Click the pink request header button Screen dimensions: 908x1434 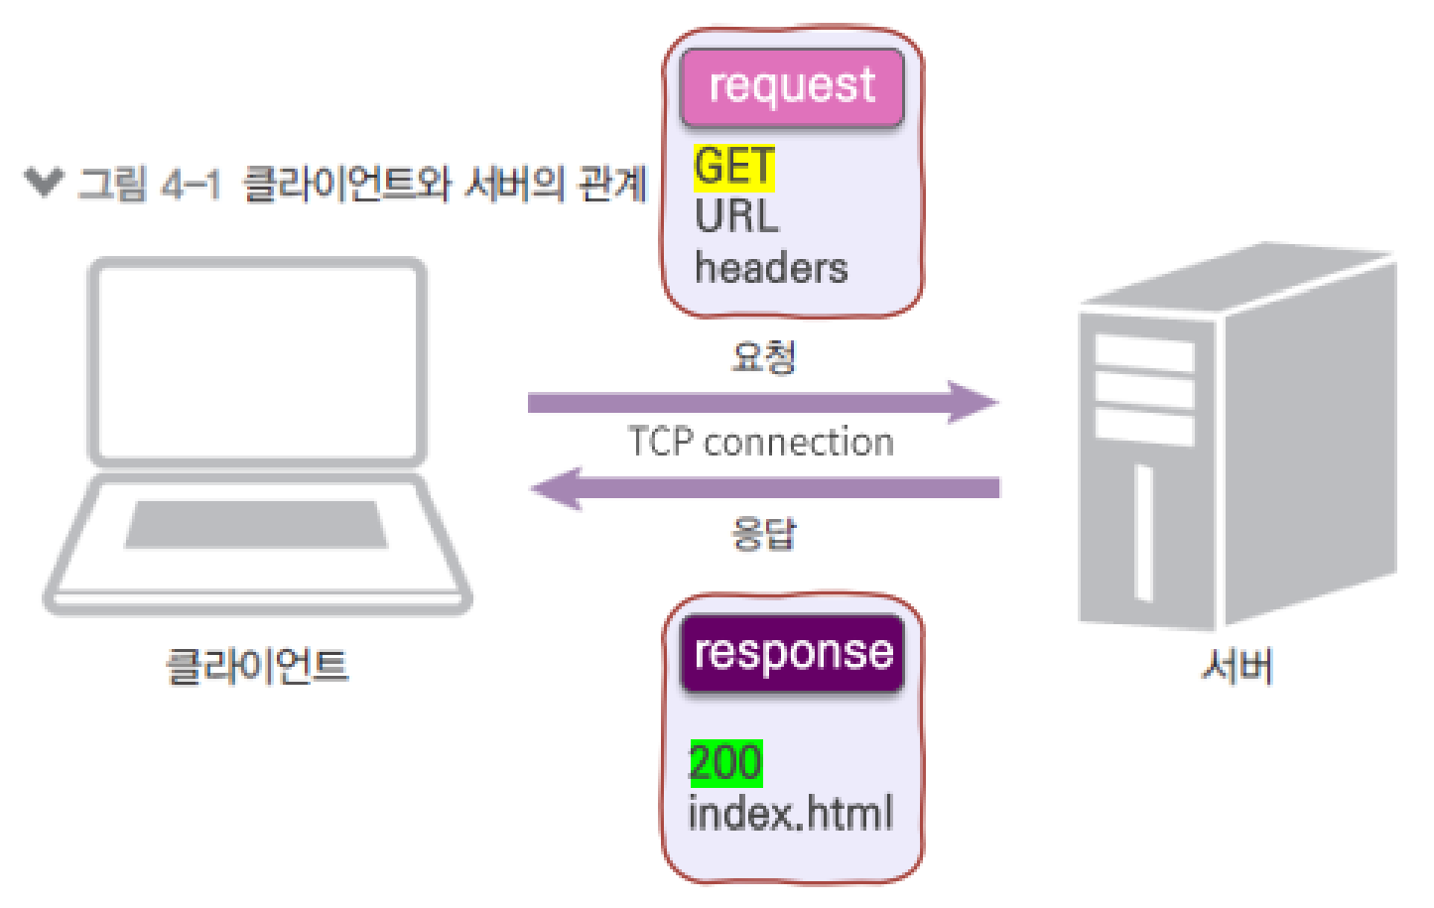click(x=792, y=87)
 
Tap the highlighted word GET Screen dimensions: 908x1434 click(x=734, y=166)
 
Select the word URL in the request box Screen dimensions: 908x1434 click(x=736, y=216)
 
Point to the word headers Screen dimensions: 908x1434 click(x=771, y=268)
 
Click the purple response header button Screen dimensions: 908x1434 click(x=792, y=653)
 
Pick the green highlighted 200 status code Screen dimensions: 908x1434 click(x=725, y=763)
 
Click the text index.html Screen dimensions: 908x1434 click(x=790, y=814)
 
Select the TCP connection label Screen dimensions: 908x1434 click(x=760, y=443)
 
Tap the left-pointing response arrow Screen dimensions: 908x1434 click(x=764, y=488)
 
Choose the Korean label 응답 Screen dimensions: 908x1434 click(x=763, y=534)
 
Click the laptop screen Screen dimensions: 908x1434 click(x=258, y=360)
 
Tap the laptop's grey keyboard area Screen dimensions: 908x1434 click(x=256, y=524)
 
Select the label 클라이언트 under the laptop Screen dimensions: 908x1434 click(x=257, y=666)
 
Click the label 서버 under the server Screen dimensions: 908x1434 click(x=1237, y=666)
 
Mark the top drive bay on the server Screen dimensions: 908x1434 click(x=1143, y=353)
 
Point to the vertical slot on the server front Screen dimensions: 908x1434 click(x=1143, y=532)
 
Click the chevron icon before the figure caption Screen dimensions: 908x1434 click(x=44, y=183)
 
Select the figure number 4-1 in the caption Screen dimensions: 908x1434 click(x=191, y=185)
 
